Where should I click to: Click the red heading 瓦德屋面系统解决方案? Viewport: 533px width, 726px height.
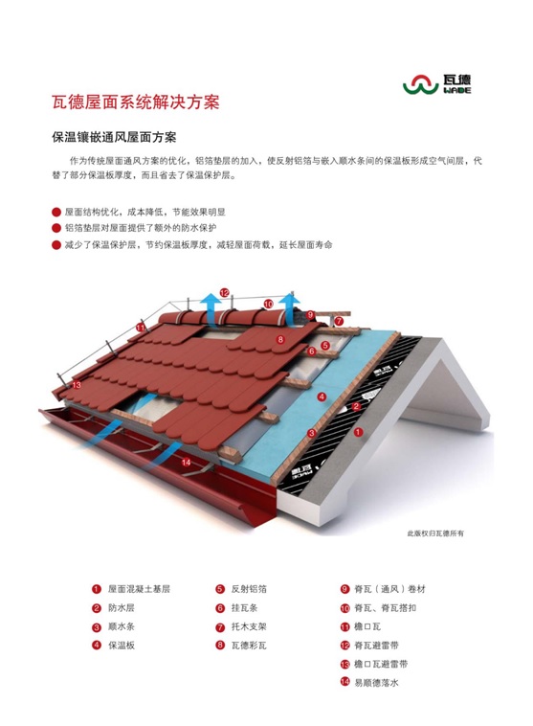tap(136, 102)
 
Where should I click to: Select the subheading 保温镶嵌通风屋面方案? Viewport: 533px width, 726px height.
tap(114, 138)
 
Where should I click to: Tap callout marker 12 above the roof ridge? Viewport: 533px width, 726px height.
tap(225, 293)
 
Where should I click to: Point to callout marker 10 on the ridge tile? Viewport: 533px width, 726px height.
tap(268, 305)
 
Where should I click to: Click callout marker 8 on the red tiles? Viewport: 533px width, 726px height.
tap(280, 339)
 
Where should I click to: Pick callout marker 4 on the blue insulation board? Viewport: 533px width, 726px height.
tap(322, 397)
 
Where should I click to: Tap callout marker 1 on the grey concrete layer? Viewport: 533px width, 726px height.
tap(358, 432)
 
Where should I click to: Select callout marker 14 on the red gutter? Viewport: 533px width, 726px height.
tap(186, 462)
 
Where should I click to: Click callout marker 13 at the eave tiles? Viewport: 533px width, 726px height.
tap(77, 385)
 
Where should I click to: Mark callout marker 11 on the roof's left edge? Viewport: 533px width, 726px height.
tap(141, 328)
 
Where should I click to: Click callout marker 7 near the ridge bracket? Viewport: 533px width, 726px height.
tap(339, 321)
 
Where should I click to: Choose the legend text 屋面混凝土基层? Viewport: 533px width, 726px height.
tap(140, 589)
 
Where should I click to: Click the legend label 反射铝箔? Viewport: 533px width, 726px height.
tap(249, 589)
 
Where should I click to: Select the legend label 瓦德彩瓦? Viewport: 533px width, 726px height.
tap(249, 645)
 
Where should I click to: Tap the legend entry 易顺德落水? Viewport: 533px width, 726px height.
tap(376, 683)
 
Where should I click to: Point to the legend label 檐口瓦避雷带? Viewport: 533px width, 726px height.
tap(381, 664)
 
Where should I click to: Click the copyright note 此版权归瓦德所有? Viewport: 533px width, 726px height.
tap(435, 533)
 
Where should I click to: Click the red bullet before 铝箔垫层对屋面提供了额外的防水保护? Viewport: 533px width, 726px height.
tap(56, 228)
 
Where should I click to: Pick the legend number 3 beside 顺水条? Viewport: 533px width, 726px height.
tap(97, 627)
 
